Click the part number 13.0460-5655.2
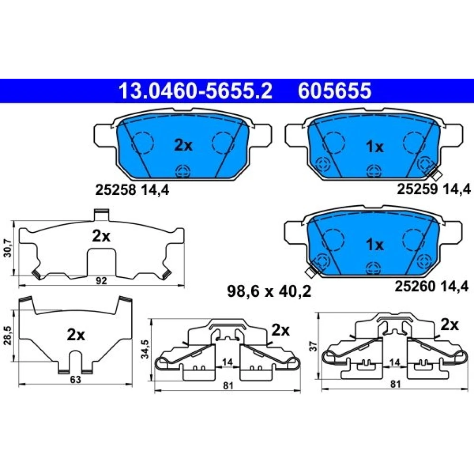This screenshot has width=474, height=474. coord(196,91)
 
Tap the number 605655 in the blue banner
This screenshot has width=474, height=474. coord(334,91)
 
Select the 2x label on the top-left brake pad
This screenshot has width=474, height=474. coord(183,146)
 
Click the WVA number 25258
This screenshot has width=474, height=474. coord(115,190)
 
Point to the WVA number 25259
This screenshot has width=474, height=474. coord(417,189)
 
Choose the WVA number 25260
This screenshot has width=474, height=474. coord(415,286)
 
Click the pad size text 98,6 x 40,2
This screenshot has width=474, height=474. coord(269,292)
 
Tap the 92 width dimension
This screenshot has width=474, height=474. coord(101,281)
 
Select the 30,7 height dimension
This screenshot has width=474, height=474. coord(8,248)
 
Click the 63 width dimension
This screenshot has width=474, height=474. coord(75,379)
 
